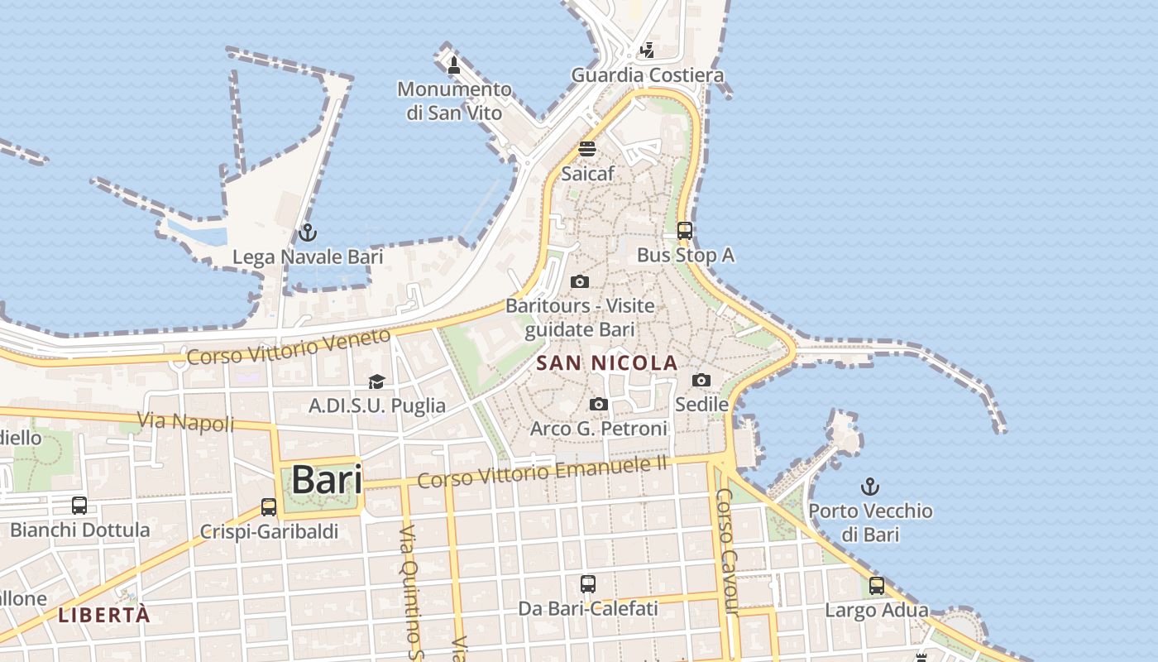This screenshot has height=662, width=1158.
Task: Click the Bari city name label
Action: click(327, 480)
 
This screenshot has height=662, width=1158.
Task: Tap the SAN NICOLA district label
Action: click(607, 363)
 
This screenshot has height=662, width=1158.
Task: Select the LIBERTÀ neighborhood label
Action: click(104, 615)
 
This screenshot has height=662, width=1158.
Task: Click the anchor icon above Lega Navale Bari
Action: click(308, 233)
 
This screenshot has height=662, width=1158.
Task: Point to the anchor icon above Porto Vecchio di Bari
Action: click(870, 487)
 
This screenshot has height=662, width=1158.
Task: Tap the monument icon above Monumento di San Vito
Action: click(453, 65)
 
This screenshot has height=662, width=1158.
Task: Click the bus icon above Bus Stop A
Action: click(685, 231)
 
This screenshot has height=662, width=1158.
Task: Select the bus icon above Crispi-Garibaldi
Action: click(269, 507)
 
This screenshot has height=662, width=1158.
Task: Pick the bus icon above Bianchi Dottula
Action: click(79, 506)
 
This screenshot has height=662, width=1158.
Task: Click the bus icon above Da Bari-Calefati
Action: click(588, 584)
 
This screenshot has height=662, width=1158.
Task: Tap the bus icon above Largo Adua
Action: click(877, 586)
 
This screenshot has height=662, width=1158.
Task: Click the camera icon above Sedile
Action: click(701, 380)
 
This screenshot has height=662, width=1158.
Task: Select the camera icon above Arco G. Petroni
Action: click(599, 404)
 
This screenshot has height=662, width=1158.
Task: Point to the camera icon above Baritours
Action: click(580, 281)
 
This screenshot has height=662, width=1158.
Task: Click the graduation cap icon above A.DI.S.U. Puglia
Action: click(377, 381)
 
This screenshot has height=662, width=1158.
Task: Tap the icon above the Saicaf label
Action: click(587, 149)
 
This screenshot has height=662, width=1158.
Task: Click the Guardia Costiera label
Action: click(648, 75)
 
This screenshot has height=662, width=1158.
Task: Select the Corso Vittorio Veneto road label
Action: click(288, 348)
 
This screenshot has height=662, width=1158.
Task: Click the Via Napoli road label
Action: click(185, 422)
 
